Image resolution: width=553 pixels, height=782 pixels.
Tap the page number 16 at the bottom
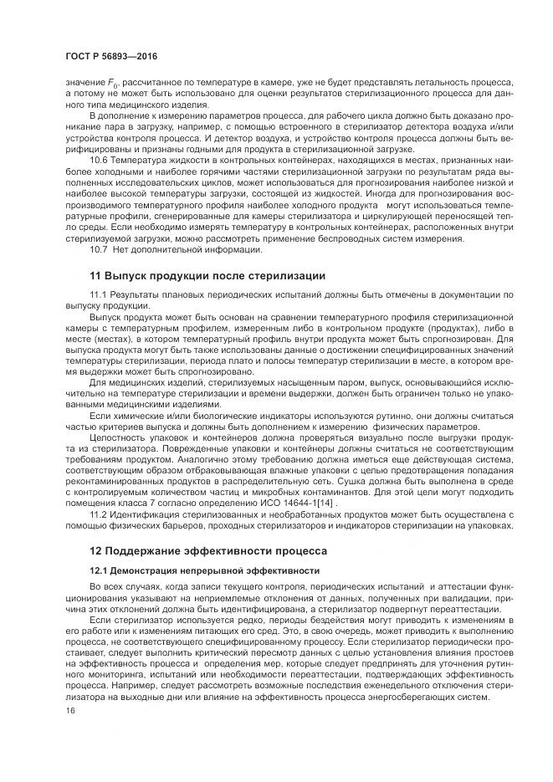[x=69, y=710]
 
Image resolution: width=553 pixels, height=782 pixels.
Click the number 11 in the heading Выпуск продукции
[x=95, y=276]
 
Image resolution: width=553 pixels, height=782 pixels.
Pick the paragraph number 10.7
[x=100, y=249]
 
